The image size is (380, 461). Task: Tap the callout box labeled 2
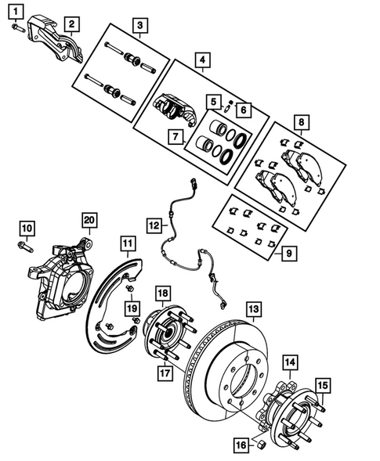coord(71,24)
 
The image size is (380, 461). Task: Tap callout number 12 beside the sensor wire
coord(155,225)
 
